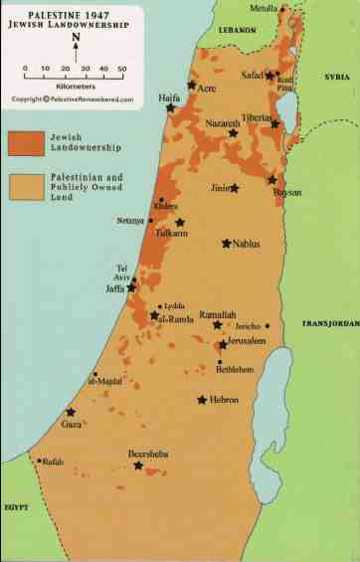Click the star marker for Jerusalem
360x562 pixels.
(223, 345)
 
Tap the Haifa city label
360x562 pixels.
(168, 97)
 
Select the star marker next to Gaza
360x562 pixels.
(71, 412)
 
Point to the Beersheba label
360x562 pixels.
(148, 454)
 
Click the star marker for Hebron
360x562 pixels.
(202, 400)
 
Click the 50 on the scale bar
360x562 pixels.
(120, 70)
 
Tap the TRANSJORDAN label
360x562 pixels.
(328, 324)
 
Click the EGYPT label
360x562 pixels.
(16, 507)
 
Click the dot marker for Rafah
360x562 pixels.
(39, 461)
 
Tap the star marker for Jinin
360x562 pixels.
(235, 188)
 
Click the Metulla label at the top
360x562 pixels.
(264, 9)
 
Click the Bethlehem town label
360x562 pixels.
(236, 369)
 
